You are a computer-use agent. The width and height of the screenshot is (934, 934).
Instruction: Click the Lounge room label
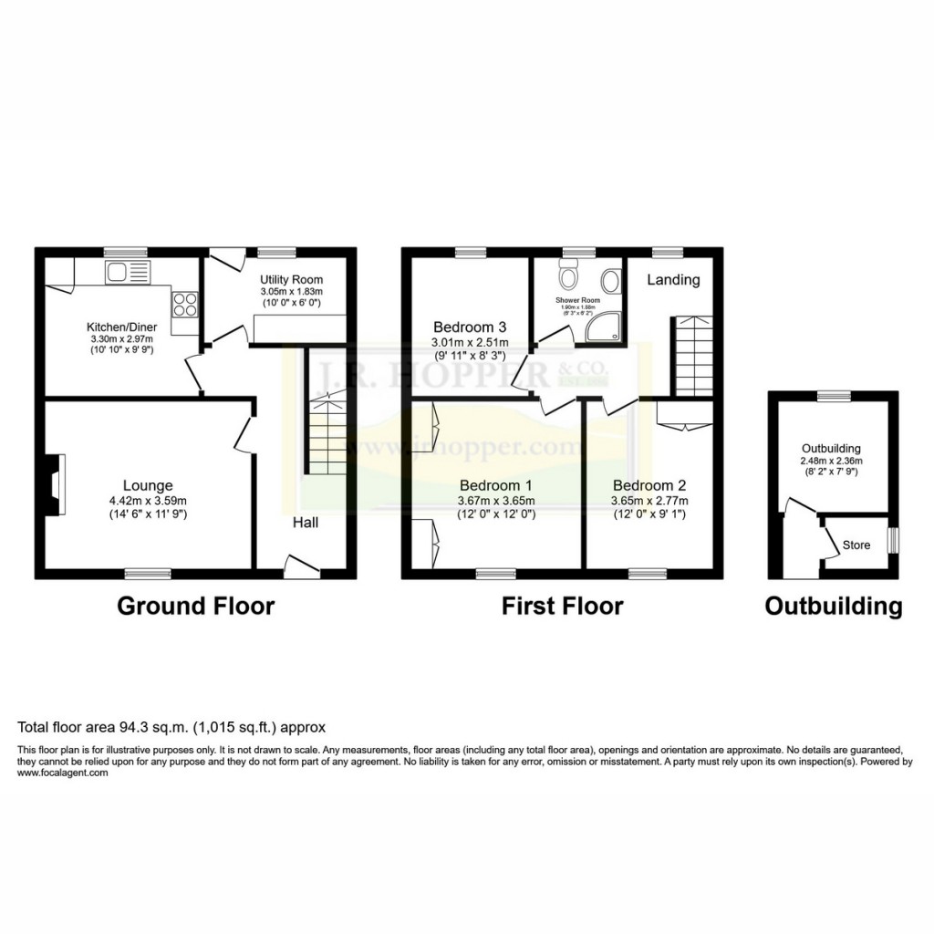click(149, 485)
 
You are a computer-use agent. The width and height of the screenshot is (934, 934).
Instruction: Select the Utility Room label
click(291, 279)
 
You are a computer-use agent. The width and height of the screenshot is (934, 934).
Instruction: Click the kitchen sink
click(127, 271)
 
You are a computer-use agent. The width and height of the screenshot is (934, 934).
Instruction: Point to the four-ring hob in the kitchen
click(185, 303)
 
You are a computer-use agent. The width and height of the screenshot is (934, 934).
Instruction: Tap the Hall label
click(305, 523)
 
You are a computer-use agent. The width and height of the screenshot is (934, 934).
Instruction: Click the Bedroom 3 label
click(470, 327)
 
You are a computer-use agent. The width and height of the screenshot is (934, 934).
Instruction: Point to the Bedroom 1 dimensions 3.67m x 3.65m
click(496, 500)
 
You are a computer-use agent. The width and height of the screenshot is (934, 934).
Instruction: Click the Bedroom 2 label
click(649, 485)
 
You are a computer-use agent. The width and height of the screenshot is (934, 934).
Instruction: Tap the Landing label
click(673, 280)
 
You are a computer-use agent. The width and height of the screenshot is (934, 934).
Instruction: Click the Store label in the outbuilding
click(856, 545)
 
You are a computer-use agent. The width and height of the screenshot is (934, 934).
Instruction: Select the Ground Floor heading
click(195, 606)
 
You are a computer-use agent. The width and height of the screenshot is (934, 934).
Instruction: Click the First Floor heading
click(562, 606)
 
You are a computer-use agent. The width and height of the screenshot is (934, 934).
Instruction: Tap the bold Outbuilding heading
click(833, 606)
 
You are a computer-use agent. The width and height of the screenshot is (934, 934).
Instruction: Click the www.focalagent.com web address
click(63, 773)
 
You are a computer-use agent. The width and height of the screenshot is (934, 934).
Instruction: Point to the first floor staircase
click(692, 356)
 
